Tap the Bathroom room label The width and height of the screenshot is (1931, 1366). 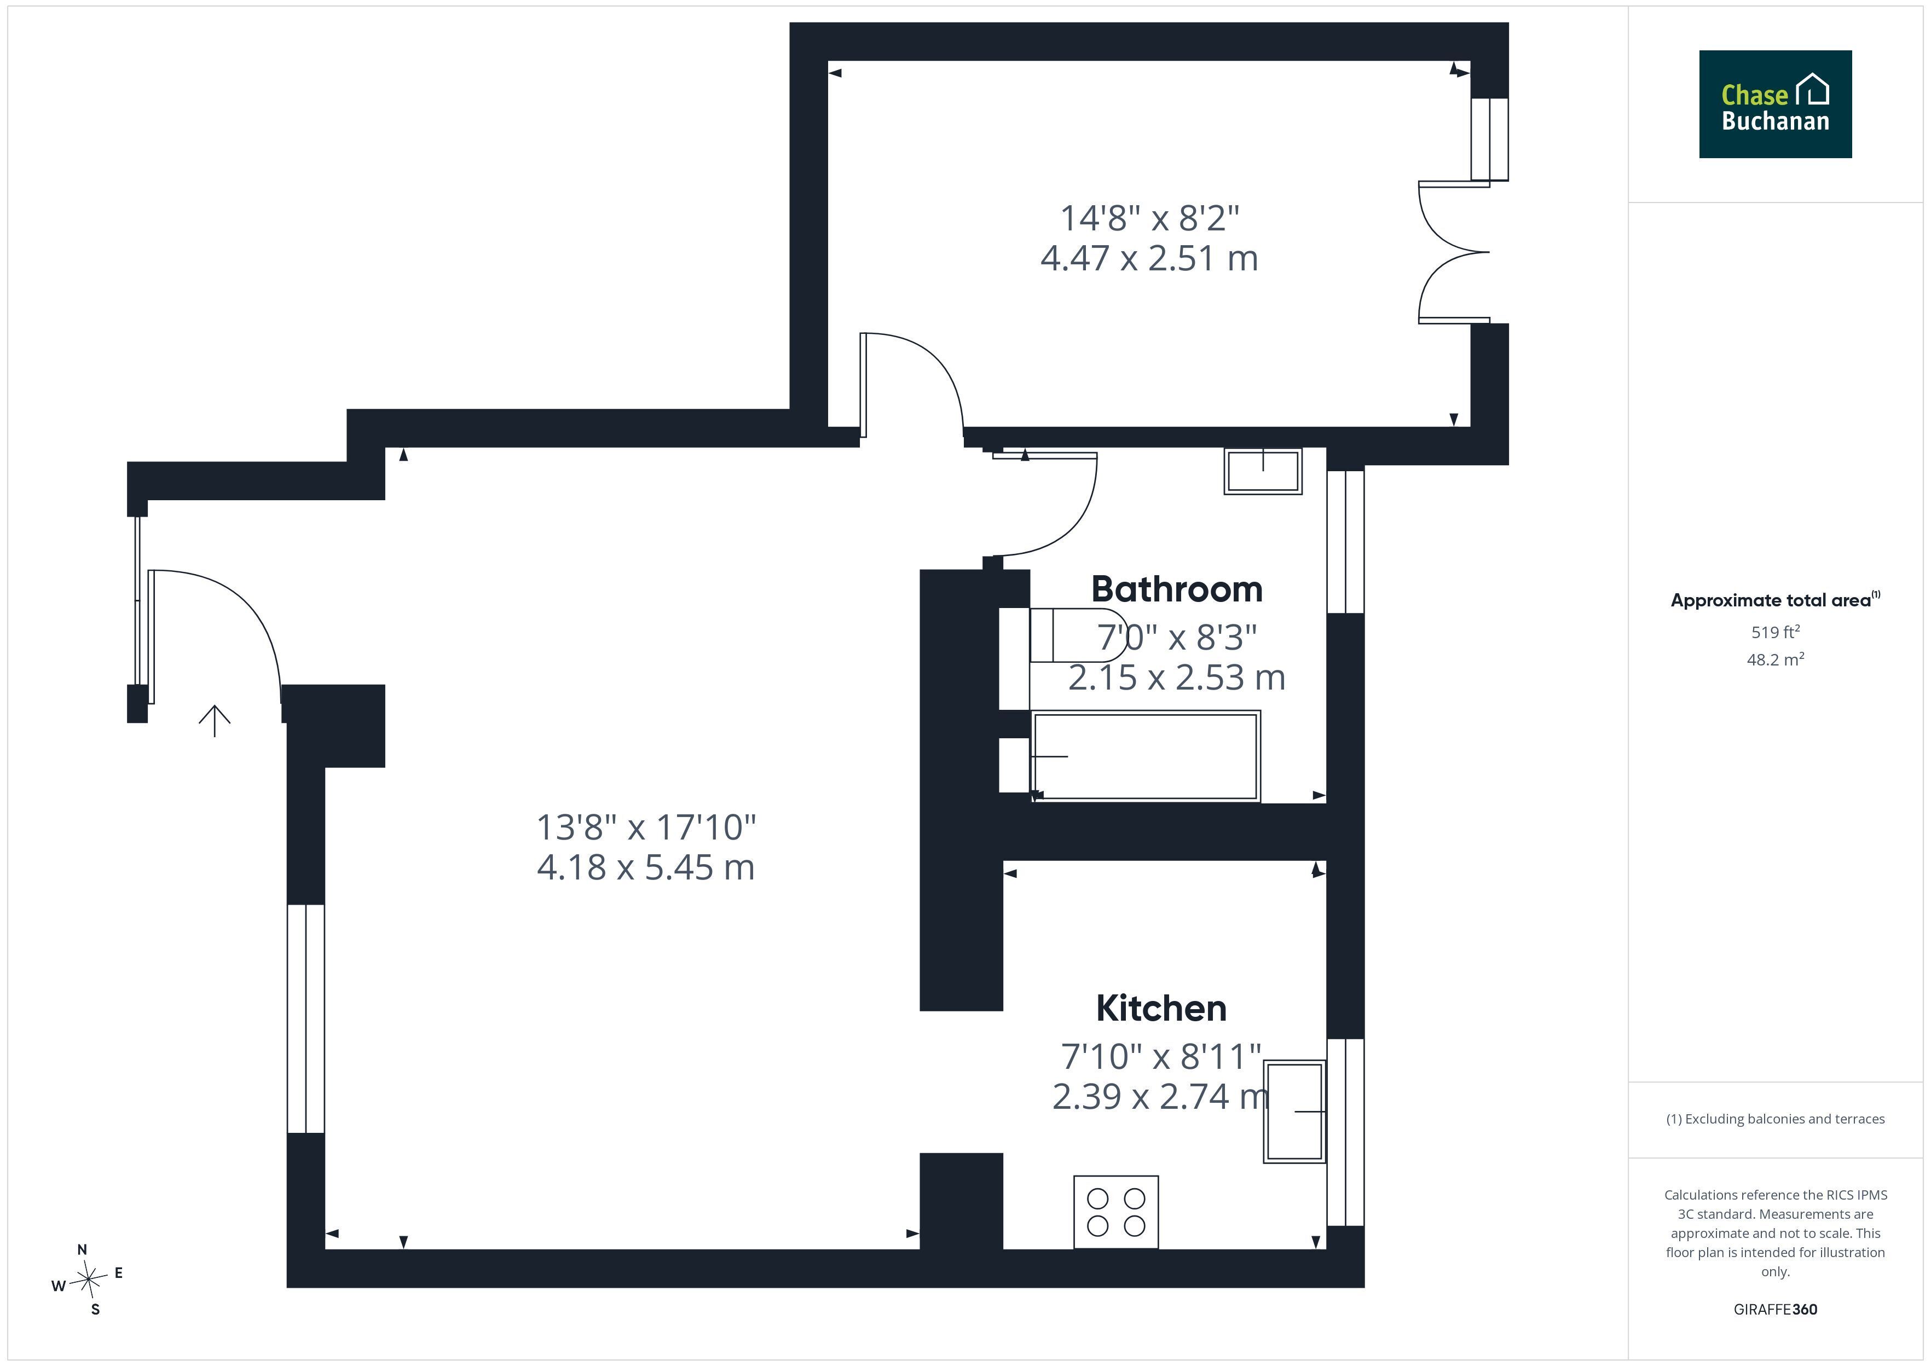click(1177, 589)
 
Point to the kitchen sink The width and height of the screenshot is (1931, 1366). click(1294, 1112)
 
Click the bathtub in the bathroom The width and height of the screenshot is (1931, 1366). click(1146, 756)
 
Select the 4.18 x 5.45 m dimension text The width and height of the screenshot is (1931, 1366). click(646, 867)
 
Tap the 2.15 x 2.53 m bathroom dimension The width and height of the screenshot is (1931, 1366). click(1177, 677)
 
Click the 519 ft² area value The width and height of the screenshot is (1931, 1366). click(1776, 631)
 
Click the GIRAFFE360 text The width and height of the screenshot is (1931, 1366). click(1776, 1309)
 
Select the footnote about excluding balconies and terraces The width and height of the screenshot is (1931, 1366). click(1776, 1119)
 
